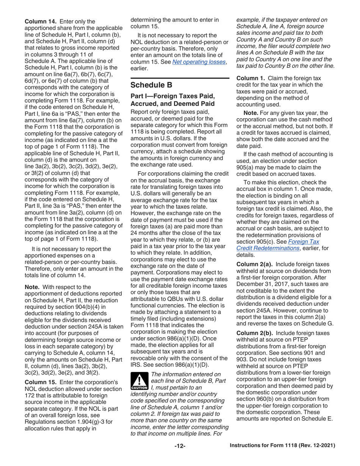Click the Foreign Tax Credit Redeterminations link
tap(278, 245)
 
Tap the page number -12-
tap(180, 446)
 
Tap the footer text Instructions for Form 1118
tap(282, 446)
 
